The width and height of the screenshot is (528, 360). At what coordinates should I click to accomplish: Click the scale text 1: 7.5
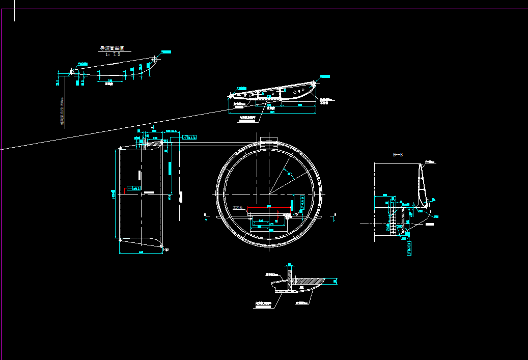pyautogui.click(x=113, y=54)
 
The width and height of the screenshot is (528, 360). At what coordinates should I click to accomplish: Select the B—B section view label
pyautogui.click(x=399, y=154)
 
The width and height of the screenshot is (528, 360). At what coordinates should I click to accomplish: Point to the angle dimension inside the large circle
pyautogui.click(x=290, y=175)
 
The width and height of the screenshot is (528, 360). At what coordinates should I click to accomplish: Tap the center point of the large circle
pyautogui.click(x=269, y=194)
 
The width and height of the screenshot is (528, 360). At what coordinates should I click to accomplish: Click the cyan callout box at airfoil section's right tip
pyautogui.click(x=324, y=76)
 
